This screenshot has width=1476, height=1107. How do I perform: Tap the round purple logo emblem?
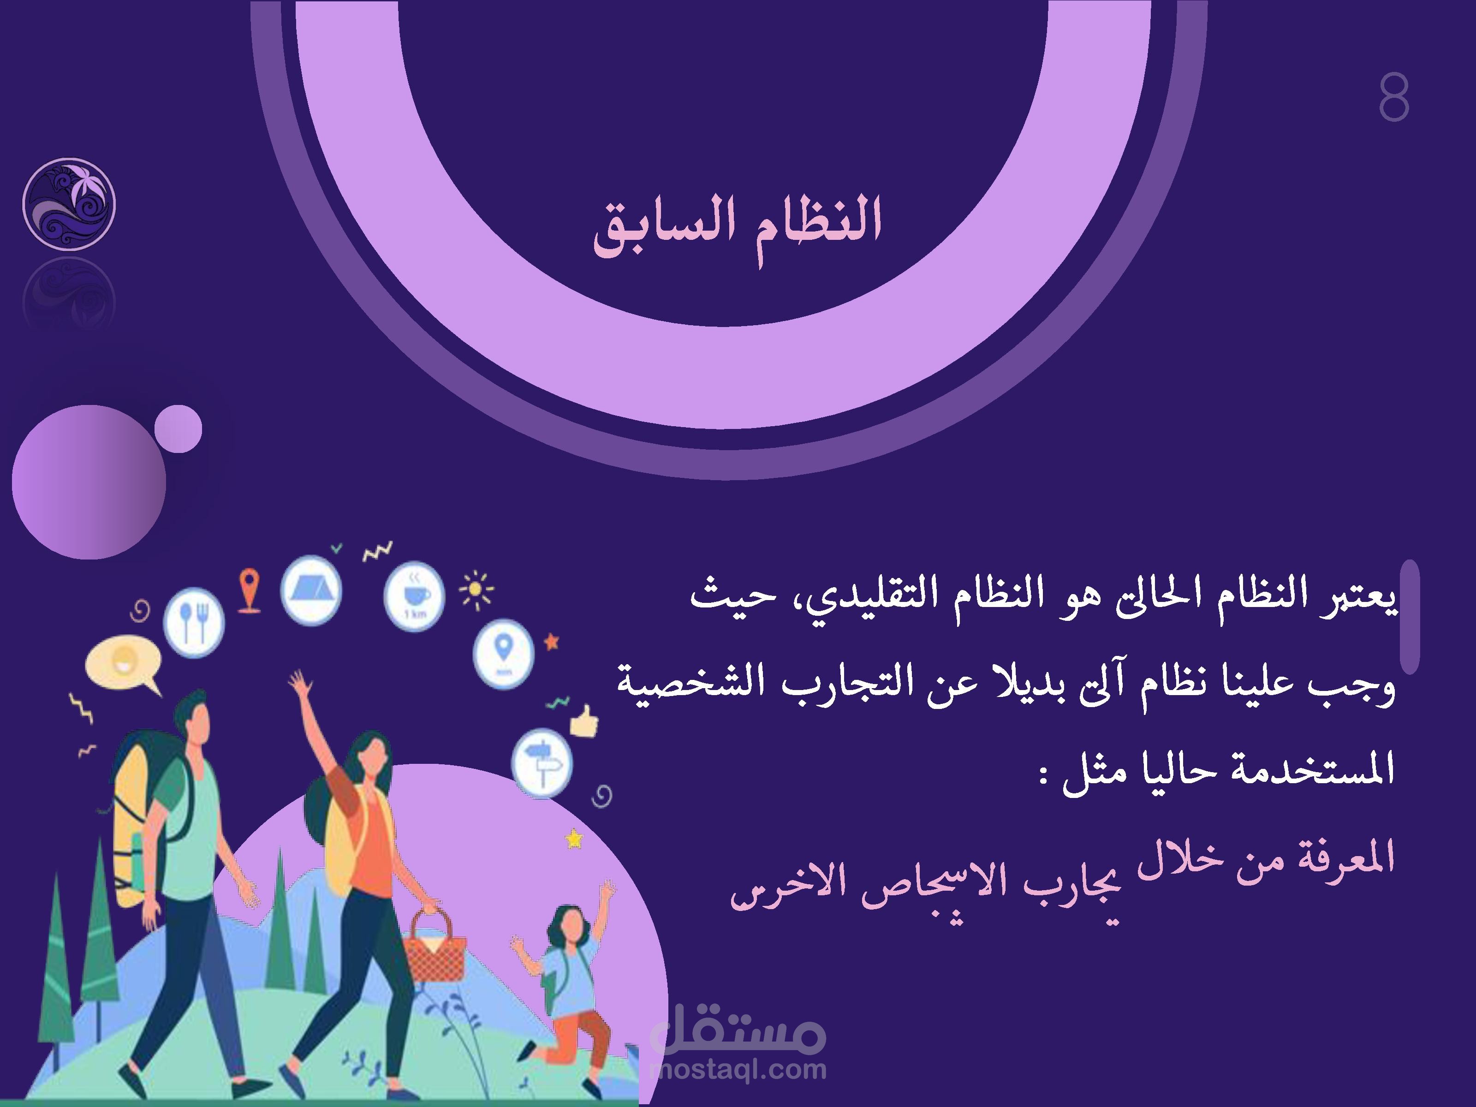coord(69,204)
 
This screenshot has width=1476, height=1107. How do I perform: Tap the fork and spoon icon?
coord(195,623)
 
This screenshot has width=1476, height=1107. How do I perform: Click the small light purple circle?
coord(178,429)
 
